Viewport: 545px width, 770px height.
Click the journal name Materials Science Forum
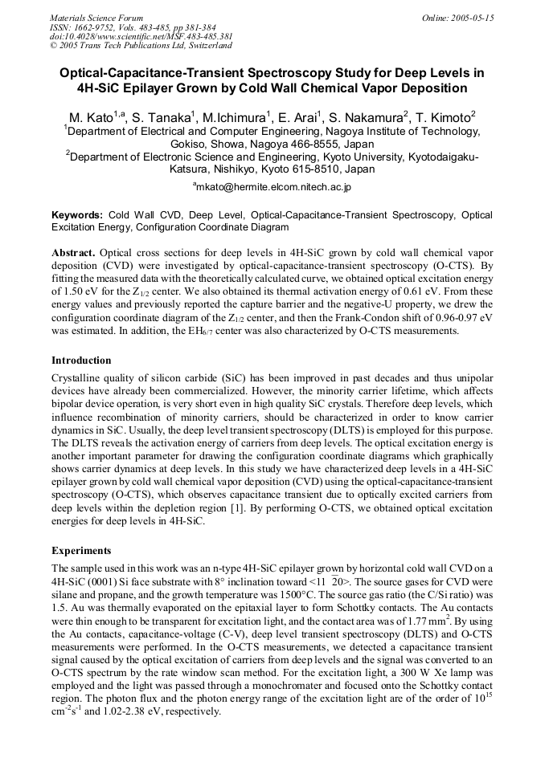coord(96,18)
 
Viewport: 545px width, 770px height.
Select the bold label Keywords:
coord(77,215)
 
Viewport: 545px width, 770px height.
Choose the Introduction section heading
coord(83,361)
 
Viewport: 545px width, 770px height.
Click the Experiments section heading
coord(81,551)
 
